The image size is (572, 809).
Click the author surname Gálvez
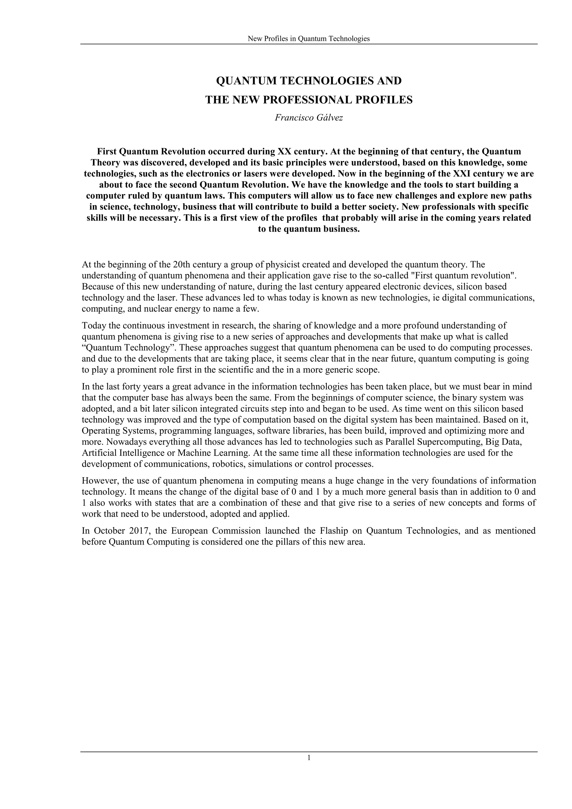[329, 118]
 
